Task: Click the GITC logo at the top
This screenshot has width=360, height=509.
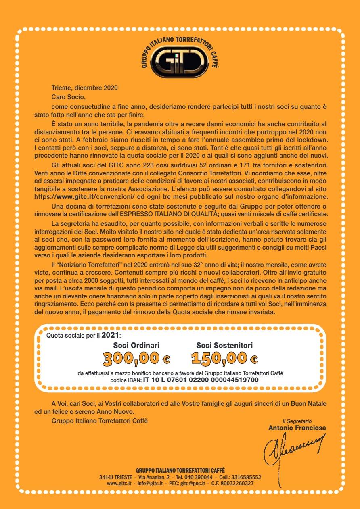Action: (x=180, y=60)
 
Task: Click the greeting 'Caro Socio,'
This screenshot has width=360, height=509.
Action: (x=69, y=97)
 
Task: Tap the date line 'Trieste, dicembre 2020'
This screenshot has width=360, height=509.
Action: (x=85, y=87)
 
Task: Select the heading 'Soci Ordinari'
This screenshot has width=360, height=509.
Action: (x=136, y=345)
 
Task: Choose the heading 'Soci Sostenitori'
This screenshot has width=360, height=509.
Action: (x=224, y=345)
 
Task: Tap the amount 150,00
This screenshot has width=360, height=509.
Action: (x=219, y=358)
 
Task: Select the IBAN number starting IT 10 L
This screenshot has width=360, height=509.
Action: (x=201, y=380)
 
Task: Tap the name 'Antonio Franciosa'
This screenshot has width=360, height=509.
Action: (x=297, y=428)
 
